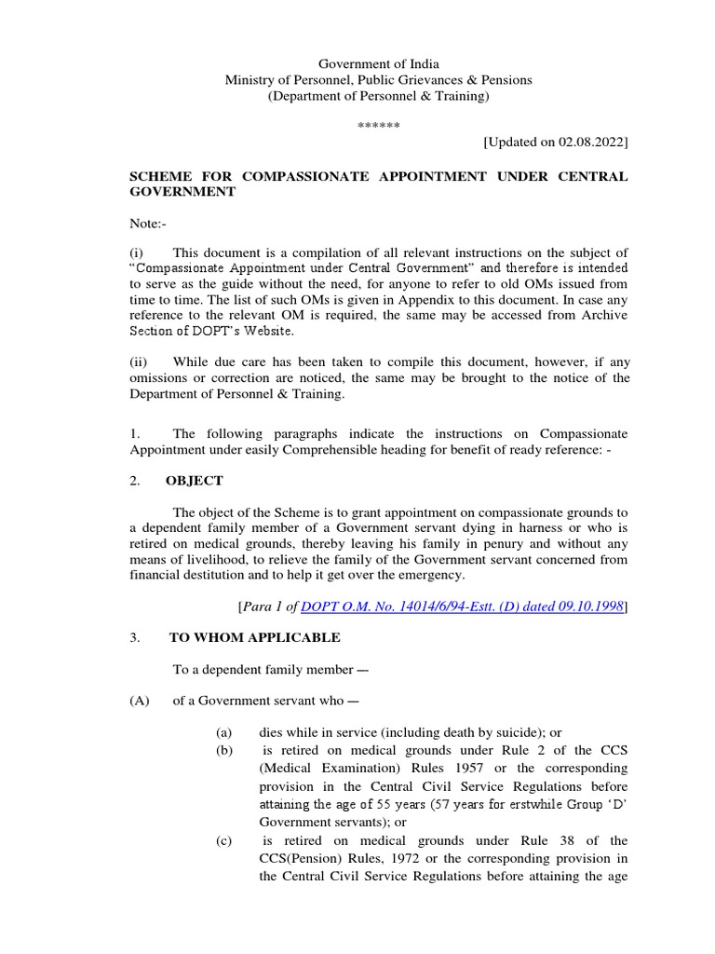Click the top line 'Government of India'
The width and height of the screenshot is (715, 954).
coord(379,63)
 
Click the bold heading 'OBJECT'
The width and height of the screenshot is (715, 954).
coord(194,481)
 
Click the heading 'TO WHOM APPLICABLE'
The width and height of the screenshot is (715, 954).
coord(254,637)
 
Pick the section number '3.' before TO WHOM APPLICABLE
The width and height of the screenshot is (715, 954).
coord(135,637)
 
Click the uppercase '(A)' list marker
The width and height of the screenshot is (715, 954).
coord(140,701)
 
